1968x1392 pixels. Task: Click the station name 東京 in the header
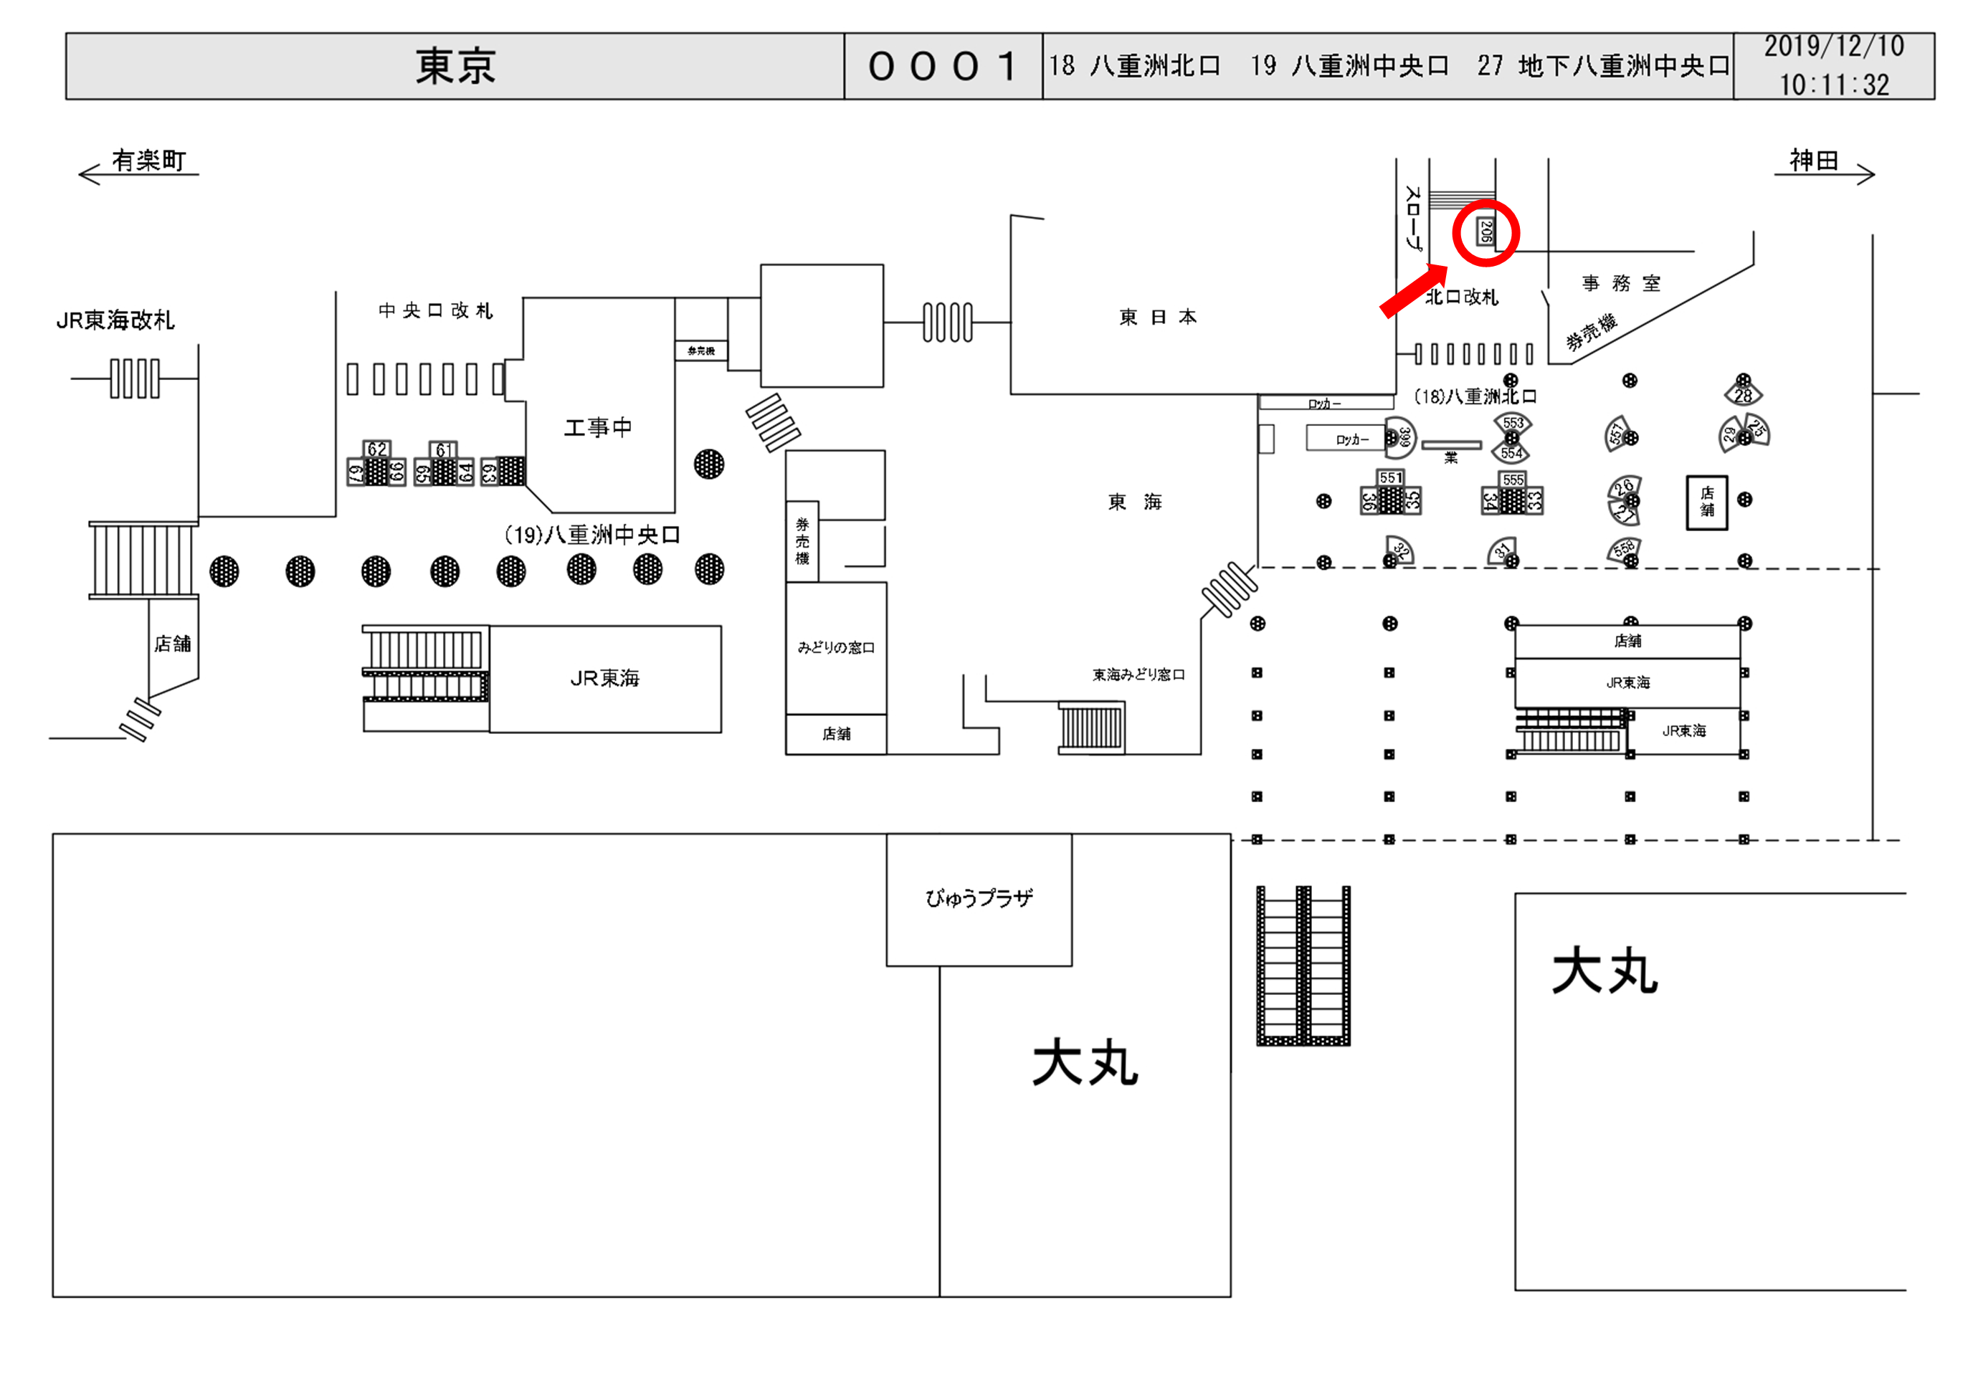click(x=455, y=66)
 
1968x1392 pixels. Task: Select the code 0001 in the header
click(x=943, y=66)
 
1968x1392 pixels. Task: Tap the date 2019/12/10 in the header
click(x=1833, y=47)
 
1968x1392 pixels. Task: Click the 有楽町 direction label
click(x=149, y=161)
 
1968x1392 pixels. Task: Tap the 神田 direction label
click(x=1814, y=161)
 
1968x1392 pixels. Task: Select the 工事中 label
click(x=598, y=427)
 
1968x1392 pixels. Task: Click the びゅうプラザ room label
click(x=979, y=898)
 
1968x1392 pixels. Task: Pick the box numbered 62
click(x=377, y=449)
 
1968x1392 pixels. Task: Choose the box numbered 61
click(x=444, y=450)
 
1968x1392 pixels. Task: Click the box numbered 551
click(x=1391, y=477)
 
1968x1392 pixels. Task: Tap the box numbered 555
click(x=1513, y=479)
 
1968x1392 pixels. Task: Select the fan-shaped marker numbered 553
click(x=1513, y=423)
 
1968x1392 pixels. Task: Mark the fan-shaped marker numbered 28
click(x=1744, y=395)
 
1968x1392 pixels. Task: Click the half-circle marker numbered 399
click(x=1403, y=438)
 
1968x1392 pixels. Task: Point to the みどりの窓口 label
click(x=836, y=648)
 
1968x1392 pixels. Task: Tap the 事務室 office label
click(x=1621, y=283)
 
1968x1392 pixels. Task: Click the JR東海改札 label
click(x=115, y=320)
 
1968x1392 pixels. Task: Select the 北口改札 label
click(x=1461, y=297)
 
